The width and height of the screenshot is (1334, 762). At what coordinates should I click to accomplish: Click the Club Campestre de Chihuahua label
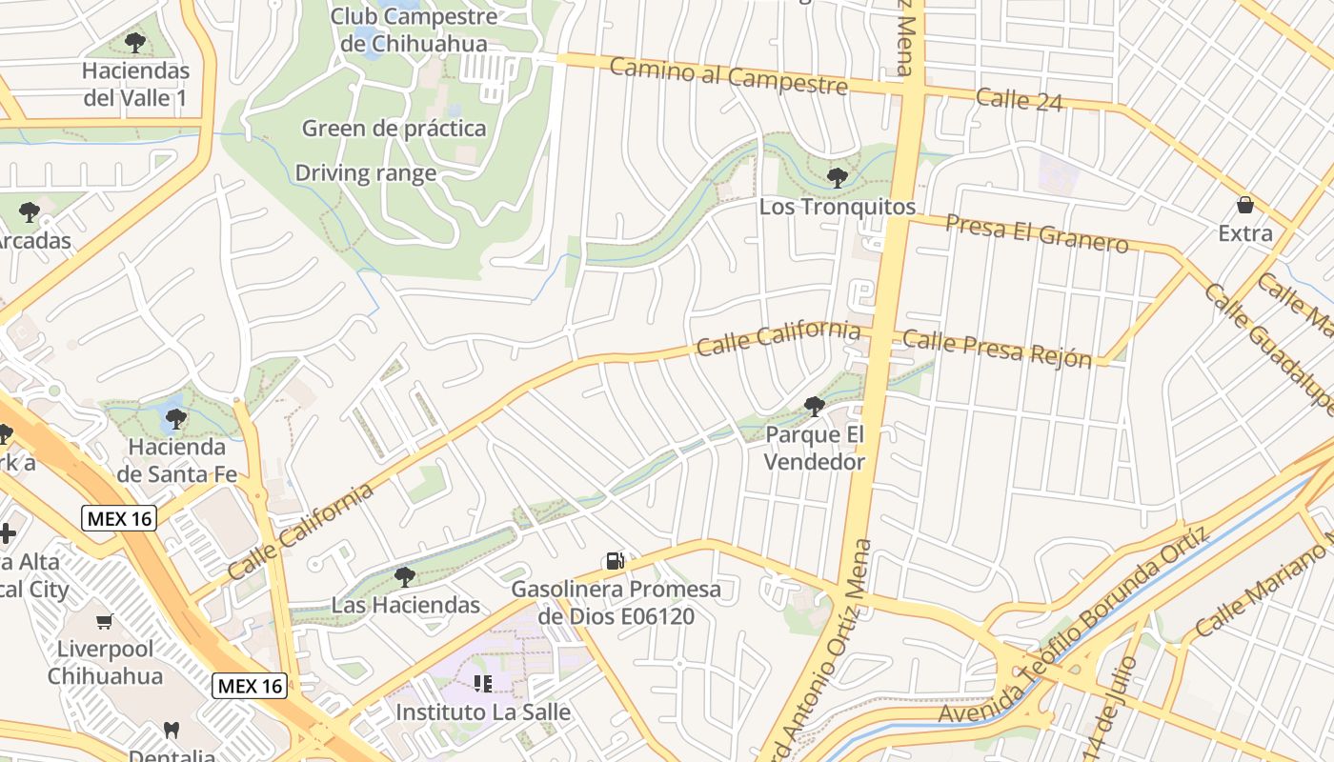(x=414, y=30)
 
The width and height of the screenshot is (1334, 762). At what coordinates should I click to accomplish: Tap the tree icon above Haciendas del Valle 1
(x=135, y=43)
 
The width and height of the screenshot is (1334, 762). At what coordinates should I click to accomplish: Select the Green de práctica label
(x=394, y=129)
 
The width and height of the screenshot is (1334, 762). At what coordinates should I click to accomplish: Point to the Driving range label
(x=366, y=173)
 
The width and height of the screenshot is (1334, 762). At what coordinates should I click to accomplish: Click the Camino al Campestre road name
(x=728, y=76)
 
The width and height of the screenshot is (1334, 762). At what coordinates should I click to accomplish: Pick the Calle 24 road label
(x=1019, y=99)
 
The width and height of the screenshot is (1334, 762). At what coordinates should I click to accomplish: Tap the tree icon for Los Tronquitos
(x=838, y=177)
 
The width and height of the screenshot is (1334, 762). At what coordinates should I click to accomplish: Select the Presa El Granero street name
(x=1037, y=232)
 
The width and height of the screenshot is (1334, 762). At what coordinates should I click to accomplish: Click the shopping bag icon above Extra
(x=1244, y=205)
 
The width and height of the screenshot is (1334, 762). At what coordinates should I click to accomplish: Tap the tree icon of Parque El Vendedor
(x=815, y=407)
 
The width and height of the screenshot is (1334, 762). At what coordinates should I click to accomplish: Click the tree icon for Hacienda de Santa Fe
(x=176, y=418)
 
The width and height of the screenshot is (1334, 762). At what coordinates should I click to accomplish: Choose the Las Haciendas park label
(x=405, y=605)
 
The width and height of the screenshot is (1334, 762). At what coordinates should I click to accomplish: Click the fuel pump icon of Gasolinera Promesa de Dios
(x=616, y=562)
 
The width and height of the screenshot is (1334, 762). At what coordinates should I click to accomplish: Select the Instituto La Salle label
(x=483, y=712)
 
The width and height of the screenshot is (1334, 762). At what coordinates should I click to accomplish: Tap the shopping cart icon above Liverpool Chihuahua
(x=105, y=622)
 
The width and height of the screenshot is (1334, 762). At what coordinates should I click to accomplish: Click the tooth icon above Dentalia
(x=172, y=731)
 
